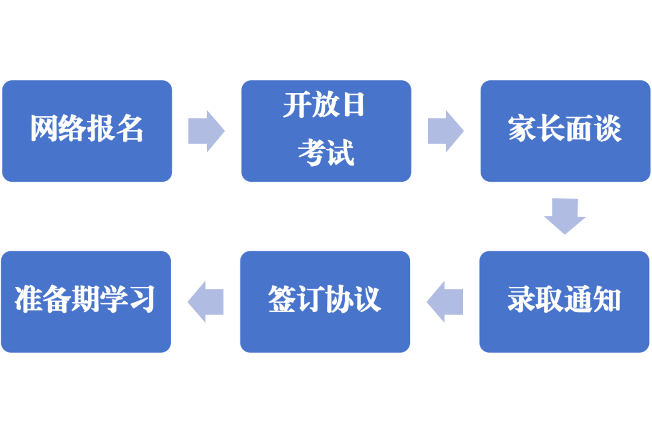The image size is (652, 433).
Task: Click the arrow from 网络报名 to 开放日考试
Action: tap(206, 131)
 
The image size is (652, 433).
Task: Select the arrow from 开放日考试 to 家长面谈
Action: tap(446, 131)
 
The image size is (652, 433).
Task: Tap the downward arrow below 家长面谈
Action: tap(565, 216)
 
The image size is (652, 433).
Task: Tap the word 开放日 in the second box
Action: tap(325, 106)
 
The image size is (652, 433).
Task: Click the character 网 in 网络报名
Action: tap(44, 129)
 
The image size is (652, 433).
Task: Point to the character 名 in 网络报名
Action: tap(130, 129)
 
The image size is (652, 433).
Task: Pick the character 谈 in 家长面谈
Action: tap(608, 129)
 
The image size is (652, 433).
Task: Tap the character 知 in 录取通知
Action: tap(607, 300)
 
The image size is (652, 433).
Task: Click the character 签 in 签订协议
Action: tap(281, 300)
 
